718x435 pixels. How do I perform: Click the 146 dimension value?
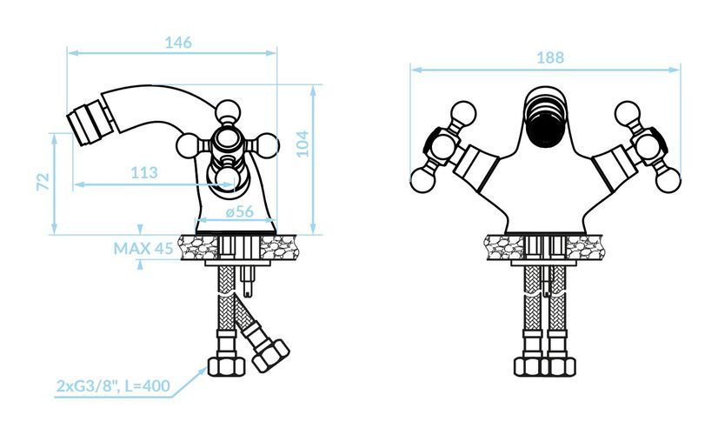[x=178, y=43]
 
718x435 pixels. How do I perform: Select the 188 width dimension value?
[x=550, y=57]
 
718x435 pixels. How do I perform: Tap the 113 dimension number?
[x=144, y=173]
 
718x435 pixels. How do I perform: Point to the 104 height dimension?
[x=302, y=144]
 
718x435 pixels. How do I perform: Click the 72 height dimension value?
[x=43, y=182]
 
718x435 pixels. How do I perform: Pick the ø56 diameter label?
[x=240, y=211]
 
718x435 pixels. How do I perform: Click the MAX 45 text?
[x=143, y=249]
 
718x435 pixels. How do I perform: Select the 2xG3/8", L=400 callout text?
[x=113, y=386]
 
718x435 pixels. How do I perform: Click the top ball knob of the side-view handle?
[x=227, y=111]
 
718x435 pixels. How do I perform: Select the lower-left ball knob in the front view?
[x=422, y=180]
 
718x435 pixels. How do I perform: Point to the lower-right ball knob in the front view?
[x=668, y=180]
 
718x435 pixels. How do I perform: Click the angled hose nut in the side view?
[x=270, y=355]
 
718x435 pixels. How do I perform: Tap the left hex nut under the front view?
[x=528, y=366]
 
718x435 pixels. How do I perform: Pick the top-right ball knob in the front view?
[x=628, y=113]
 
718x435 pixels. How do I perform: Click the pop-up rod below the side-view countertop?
[x=247, y=281]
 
